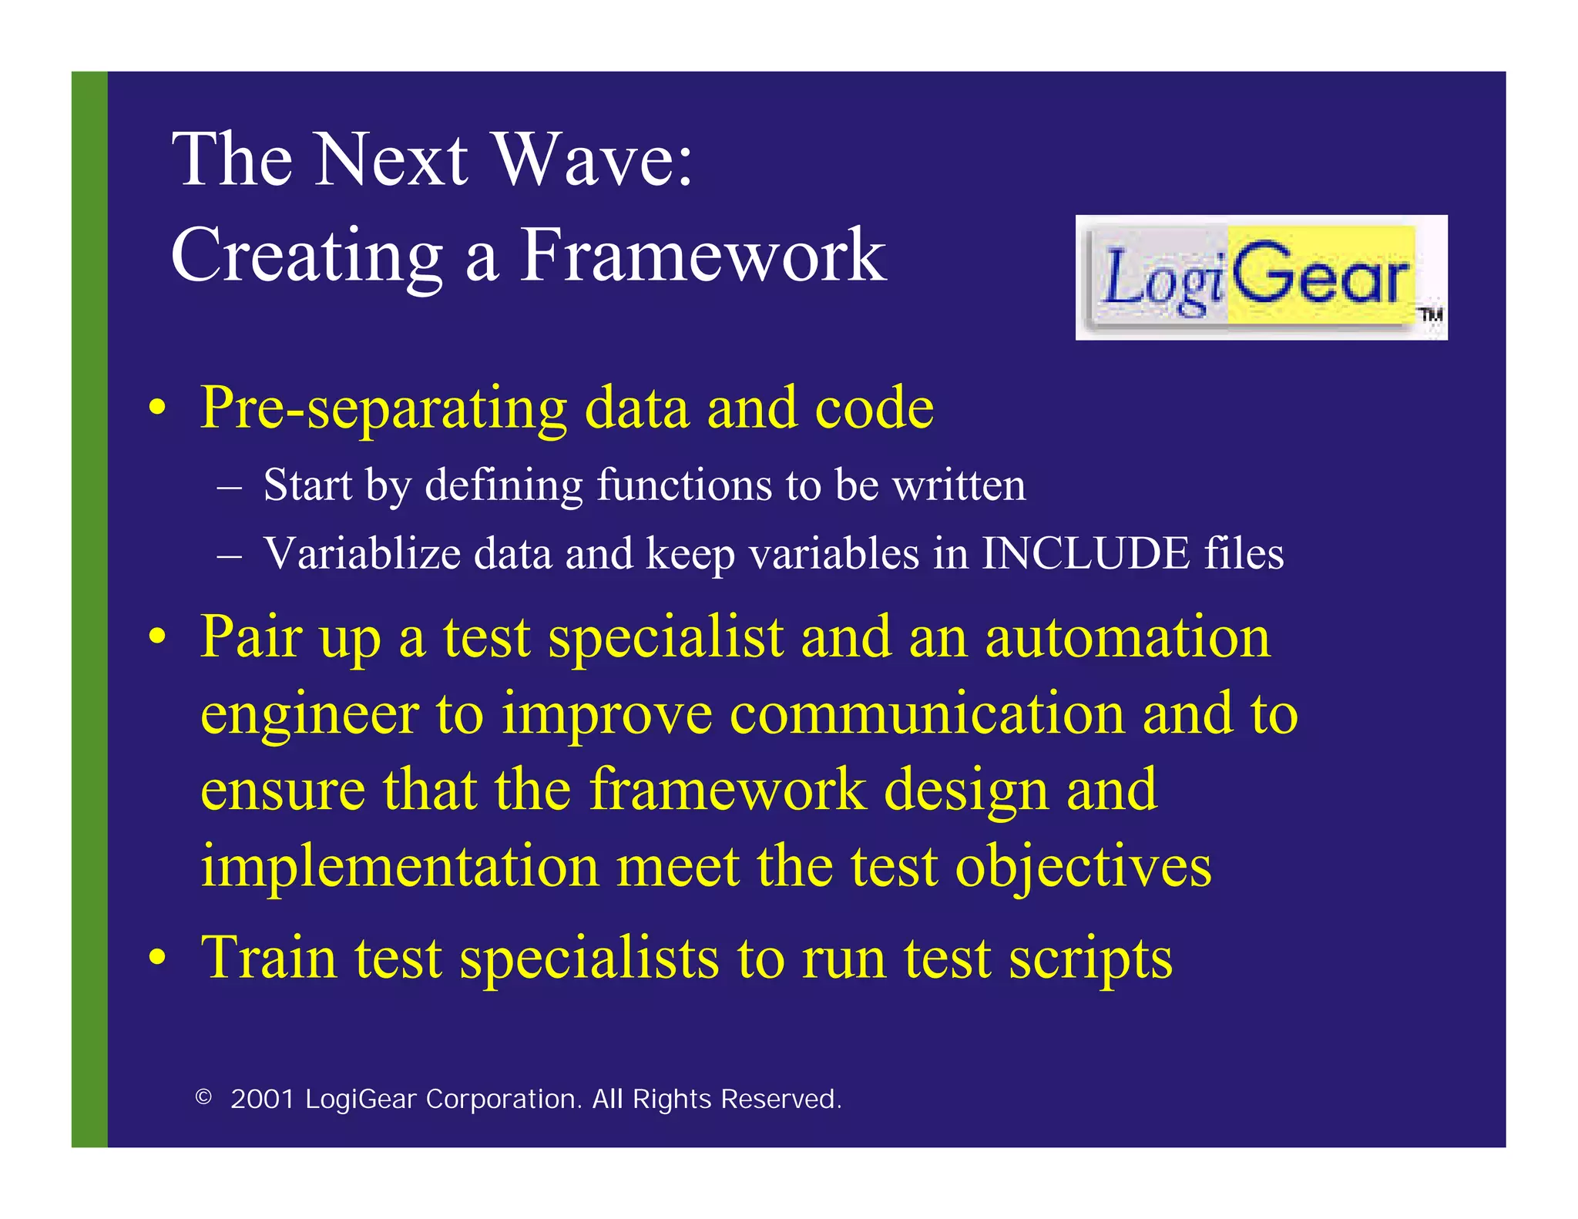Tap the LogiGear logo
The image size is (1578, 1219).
coord(1260,277)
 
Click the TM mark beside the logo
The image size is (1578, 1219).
coord(1431,315)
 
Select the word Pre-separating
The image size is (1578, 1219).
coord(383,408)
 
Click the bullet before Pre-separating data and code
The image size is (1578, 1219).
coord(157,408)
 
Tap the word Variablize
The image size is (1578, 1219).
coord(361,554)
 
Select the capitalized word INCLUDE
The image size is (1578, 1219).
coord(1084,554)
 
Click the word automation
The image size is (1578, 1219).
coord(1127,637)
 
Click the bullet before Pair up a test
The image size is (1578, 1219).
coord(157,638)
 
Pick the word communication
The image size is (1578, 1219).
coord(927,714)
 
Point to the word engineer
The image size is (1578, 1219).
coord(309,715)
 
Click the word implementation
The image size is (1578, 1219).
coord(399,866)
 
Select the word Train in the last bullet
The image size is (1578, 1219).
coord(268,958)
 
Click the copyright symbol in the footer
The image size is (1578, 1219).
coord(203,1097)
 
